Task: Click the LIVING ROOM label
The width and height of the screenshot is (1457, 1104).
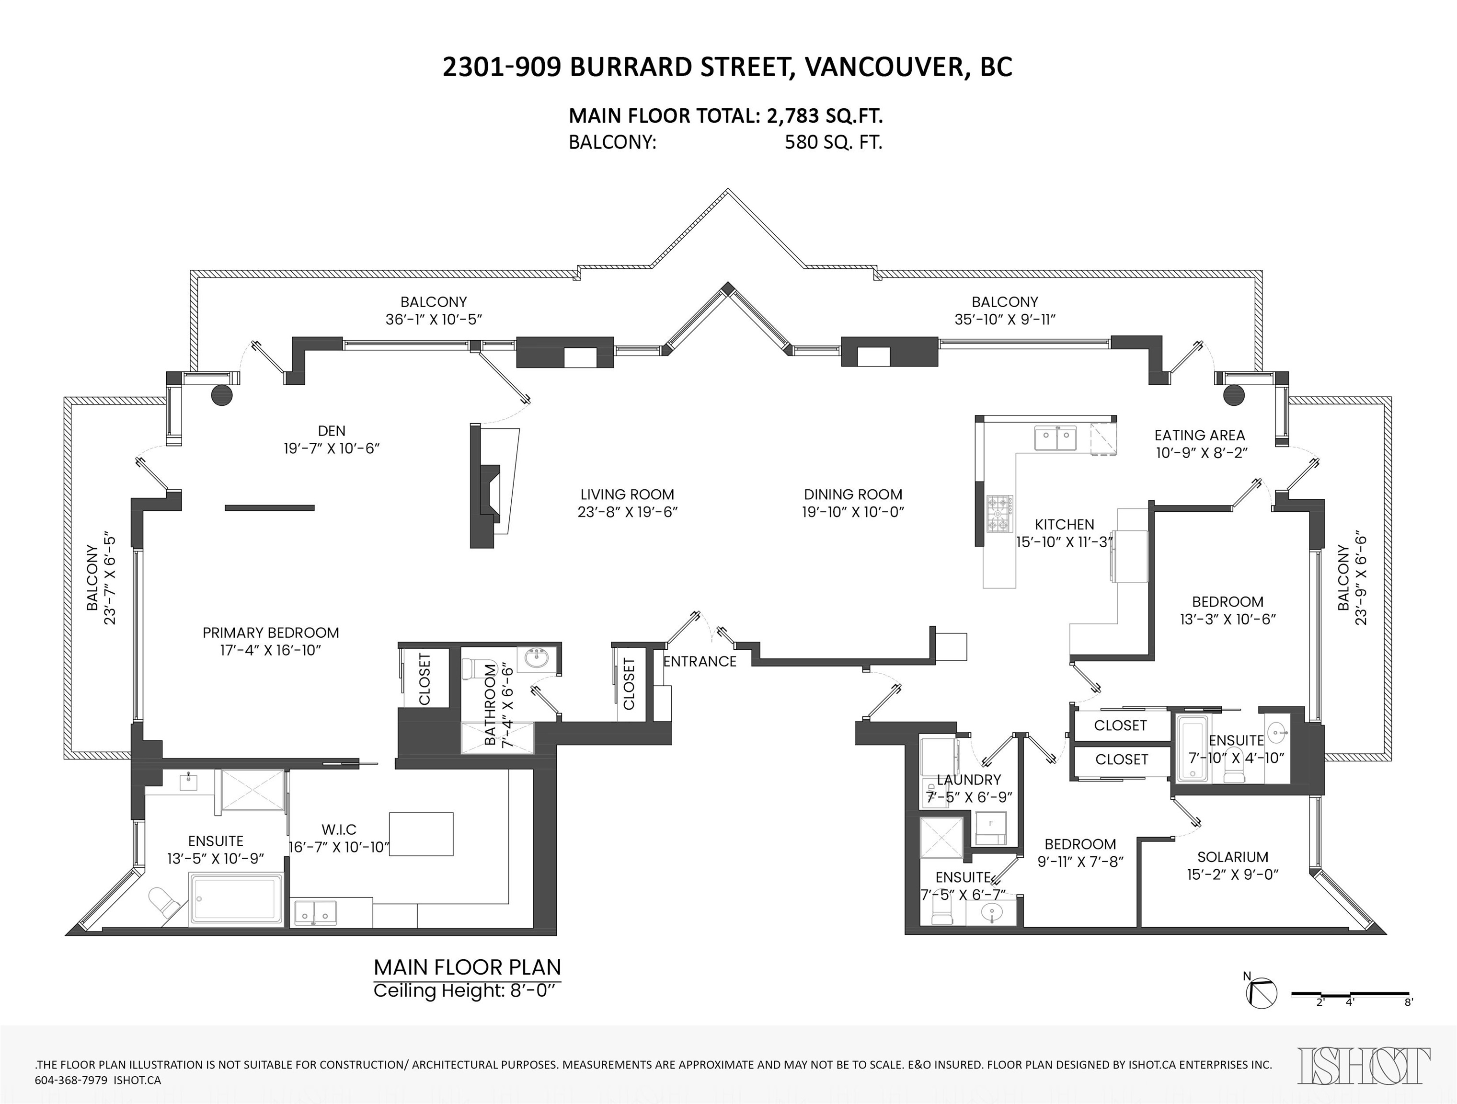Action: tap(627, 494)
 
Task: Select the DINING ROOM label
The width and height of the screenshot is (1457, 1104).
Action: tap(853, 494)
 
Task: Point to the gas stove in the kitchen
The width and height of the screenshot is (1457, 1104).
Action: tap(1000, 513)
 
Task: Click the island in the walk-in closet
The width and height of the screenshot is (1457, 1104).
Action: tap(421, 834)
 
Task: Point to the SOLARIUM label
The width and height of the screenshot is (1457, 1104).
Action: tap(1232, 857)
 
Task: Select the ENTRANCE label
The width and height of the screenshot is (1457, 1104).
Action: tap(700, 661)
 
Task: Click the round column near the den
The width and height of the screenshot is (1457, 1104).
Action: tap(222, 394)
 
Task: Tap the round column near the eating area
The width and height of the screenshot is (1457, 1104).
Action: tap(1234, 394)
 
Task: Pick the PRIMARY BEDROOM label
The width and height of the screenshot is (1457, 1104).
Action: tap(271, 632)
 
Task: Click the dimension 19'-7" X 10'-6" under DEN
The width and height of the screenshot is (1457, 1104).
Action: tap(332, 448)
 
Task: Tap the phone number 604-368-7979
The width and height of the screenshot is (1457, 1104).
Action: tap(70, 1081)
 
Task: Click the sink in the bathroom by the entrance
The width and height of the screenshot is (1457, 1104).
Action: tap(538, 659)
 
